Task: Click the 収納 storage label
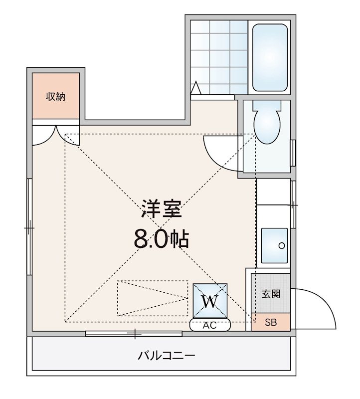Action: point(56,97)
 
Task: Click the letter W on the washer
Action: point(211,301)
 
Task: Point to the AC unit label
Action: point(210,325)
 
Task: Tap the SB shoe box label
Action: point(270,322)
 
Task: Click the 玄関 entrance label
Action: point(271,294)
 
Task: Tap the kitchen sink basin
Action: point(274,245)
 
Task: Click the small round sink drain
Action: point(282,245)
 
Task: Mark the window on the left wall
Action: point(29,227)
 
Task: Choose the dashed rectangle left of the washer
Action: point(151,298)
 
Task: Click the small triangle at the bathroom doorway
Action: point(196,88)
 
